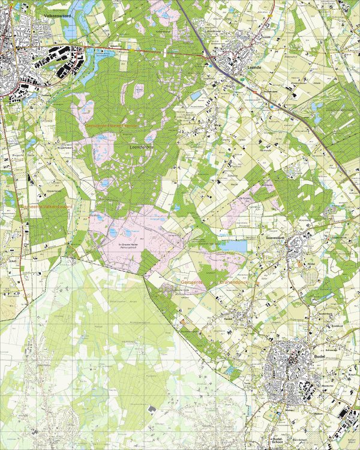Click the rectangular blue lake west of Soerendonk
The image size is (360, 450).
pyautogui.click(x=233, y=245)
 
